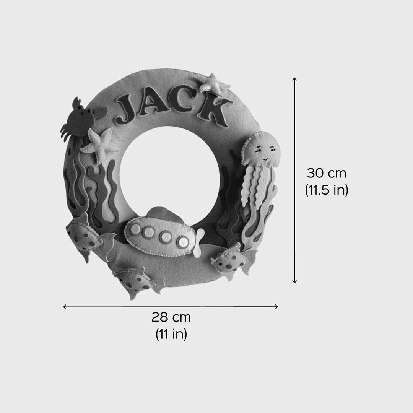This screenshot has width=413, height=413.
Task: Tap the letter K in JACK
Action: click(x=213, y=111)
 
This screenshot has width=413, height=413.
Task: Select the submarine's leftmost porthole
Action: click(x=135, y=228)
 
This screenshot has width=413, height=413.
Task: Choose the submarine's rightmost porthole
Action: click(x=183, y=241)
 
